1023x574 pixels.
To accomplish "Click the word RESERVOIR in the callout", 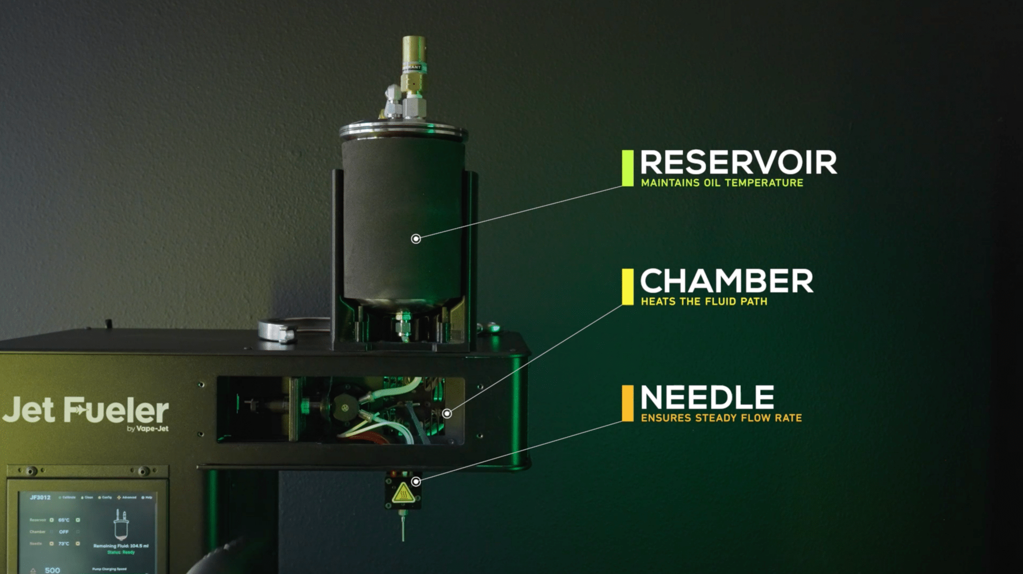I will (x=738, y=163).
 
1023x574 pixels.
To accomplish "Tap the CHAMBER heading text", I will (x=726, y=282).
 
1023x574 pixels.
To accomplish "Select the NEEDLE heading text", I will (x=707, y=398).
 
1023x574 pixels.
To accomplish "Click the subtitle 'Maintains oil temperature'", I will (x=722, y=183).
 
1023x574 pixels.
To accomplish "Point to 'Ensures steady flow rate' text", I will (x=721, y=418).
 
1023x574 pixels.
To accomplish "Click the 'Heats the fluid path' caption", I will (x=704, y=301).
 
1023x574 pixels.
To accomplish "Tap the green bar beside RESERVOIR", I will (x=627, y=168).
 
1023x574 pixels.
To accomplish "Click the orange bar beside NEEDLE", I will (x=627, y=403).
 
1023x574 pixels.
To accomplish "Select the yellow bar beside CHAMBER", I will (x=627, y=287).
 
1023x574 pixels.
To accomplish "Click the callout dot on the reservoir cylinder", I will (x=416, y=239).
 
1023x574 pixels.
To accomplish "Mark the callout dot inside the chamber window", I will (x=447, y=413).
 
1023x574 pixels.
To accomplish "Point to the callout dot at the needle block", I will (x=416, y=482).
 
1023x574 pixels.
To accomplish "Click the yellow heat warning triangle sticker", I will (x=402, y=495).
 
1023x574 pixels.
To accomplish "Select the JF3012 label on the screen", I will (x=40, y=498).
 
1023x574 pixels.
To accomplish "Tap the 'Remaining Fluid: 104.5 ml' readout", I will (x=121, y=546).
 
